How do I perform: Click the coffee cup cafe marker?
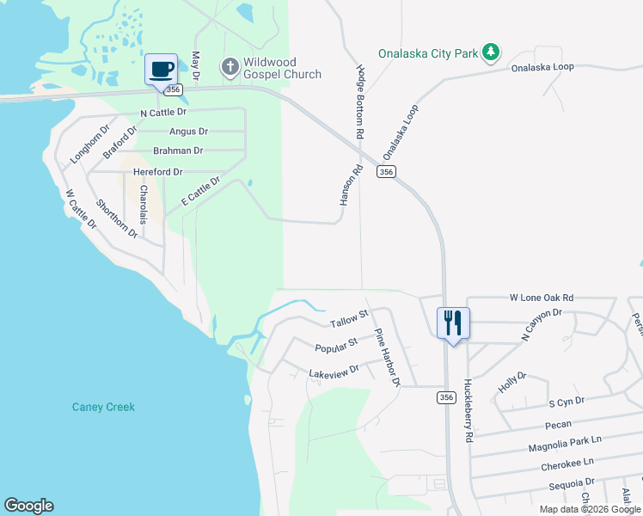tap(161, 68)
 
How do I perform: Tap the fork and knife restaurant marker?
tap(453, 323)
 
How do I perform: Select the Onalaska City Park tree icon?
tap(490, 52)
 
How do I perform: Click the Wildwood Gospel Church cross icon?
tap(230, 66)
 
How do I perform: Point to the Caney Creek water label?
tap(103, 407)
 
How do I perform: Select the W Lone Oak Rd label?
tap(541, 298)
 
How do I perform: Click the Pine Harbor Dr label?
tap(386, 357)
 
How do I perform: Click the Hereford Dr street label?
tap(158, 172)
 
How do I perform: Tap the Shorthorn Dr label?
tap(116, 218)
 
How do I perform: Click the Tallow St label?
tap(348, 319)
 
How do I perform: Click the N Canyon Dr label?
tap(541, 325)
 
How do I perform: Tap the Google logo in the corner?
tap(28, 506)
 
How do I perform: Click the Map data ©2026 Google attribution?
tap(590, 509)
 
